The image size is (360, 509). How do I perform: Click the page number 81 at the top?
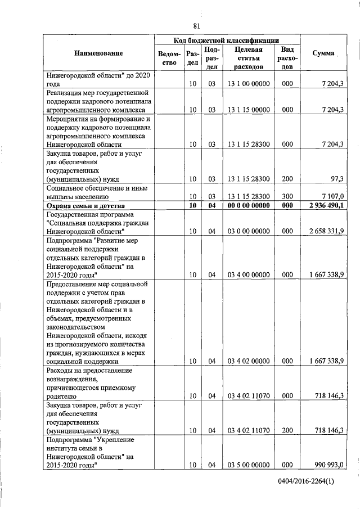(196, 26)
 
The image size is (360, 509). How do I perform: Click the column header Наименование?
(98, 53)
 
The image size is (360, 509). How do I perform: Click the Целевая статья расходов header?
(248, 58)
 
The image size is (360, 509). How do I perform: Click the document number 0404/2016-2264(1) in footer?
(306, 482)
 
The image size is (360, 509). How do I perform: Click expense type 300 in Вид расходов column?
(287, 197)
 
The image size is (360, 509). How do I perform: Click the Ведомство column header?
(169, 58)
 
